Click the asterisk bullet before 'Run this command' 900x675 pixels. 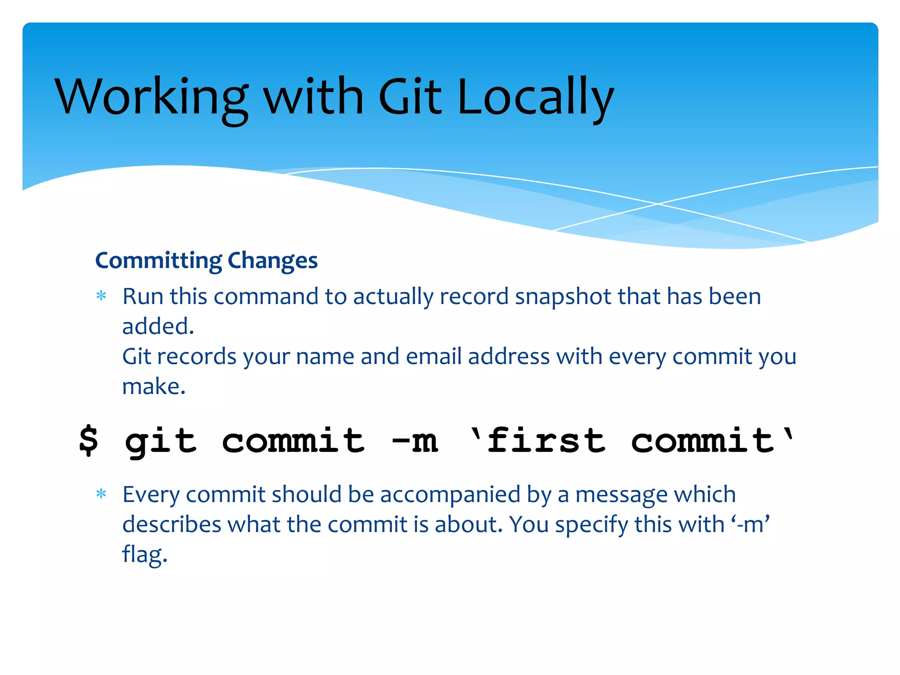pos(102,296)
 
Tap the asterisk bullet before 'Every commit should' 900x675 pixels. pos(102,494)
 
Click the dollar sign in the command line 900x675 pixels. pos(89,440)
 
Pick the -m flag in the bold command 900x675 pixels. pos(415,440)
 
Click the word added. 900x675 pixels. pos(158,327)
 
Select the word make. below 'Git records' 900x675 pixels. pos(154,387)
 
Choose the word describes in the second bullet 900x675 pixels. pos(171,525)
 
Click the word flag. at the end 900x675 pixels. pos(145,555)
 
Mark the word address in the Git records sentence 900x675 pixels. pos(508,356)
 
